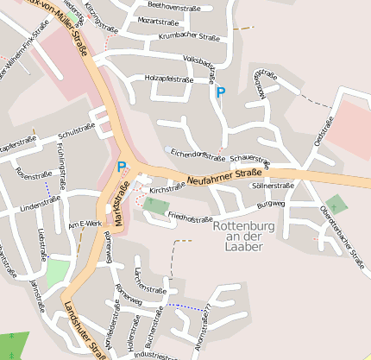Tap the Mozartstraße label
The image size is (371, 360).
pyautogui.click(x=158, y=20)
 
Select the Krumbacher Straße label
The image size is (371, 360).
pyautogui.click(x=189, y=37)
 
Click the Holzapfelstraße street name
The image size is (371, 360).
pyautogui.click(x=168, y=79)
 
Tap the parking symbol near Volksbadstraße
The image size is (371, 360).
pyautogui.click(x=221, y=92)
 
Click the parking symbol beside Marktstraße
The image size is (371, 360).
pyautogui.click(x=122, y=167)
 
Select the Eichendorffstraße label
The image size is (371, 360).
pyautogui.click(x=198, y=153)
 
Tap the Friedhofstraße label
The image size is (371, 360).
pyautogui.click(x=191, y=218)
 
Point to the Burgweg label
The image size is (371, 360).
pyautogui.click(x=270, y=205)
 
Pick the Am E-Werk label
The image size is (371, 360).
pyautogui.click(x=85, y=224)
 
